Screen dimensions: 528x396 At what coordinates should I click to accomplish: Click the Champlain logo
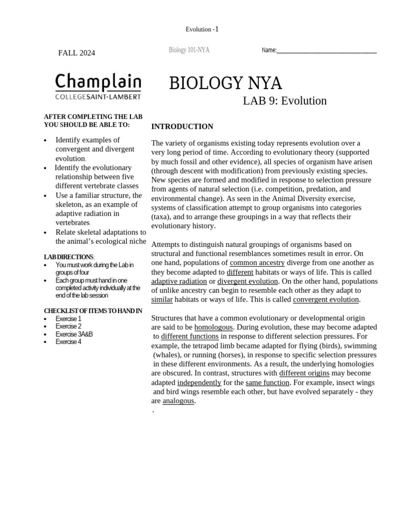click(x=98, y=86)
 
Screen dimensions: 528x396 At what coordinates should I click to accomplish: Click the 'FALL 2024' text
click(x=76, y=53)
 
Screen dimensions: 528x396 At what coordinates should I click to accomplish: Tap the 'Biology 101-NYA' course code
click(x=189, y=50)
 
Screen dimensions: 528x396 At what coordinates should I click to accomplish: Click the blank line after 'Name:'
click(x=326, y=51)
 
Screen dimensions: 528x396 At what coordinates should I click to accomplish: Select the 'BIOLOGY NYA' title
click(x=225, y=83)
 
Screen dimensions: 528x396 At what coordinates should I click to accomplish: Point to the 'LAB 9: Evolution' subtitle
click(x=285, y=101)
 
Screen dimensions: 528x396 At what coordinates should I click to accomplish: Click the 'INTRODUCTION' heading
click(x=182, y=126)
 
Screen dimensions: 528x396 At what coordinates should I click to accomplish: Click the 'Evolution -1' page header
click(x=202, y=29)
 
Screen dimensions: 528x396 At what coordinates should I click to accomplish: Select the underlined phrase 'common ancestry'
click(x=257, y=263)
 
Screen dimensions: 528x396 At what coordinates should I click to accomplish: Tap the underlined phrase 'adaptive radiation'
click(x=179, y=282)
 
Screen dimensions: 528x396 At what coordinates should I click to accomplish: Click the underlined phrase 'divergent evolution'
click(x=247, y=282)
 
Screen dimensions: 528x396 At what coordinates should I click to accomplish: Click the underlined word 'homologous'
click(x=213, y=327)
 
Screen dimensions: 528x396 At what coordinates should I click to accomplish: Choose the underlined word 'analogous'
click(x=178, y=401)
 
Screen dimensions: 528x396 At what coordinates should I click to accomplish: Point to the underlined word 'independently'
click(x=199, y=383)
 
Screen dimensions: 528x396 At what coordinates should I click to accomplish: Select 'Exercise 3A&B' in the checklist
click(x=74, y=334)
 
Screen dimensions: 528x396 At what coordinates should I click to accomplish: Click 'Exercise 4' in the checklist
click(x=69, y=342)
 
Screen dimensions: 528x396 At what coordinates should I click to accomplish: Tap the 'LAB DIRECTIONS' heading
click(x=69, y=257)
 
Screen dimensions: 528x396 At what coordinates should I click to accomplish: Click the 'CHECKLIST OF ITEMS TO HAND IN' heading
click(x=93, y=311)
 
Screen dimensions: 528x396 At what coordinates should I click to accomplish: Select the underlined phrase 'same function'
click(x=268, y=383)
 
